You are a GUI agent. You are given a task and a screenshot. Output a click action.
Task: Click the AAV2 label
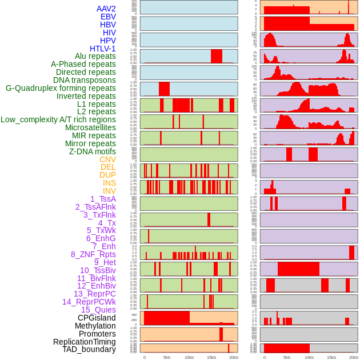pos(106,9)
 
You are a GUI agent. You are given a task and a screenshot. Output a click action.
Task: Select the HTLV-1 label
pos(102,49)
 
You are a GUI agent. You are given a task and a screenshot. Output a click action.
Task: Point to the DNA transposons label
pos(85,80)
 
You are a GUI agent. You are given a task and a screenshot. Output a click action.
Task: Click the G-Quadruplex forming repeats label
pos(61,88)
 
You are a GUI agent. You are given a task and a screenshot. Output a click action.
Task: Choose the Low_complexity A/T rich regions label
pos(58,119)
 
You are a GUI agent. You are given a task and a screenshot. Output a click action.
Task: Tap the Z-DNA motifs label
pos(93,151)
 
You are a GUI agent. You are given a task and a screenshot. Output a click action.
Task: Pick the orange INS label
pos(109,183)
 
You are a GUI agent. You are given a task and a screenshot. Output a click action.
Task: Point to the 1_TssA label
pos(103,199)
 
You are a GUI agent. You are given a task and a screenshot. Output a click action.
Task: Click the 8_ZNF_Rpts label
pos(93,254)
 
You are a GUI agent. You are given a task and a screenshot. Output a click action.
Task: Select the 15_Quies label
pos(98,310)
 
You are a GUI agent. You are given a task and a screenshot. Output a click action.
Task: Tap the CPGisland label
pos(97,318)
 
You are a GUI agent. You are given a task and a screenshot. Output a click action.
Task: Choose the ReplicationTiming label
pos(84,342)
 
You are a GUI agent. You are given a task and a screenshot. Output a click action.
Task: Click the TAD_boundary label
pos(89,349)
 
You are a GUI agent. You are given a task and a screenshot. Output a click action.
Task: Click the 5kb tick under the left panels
pos(167,357)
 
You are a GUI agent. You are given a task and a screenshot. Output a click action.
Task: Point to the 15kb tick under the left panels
pos(211,357)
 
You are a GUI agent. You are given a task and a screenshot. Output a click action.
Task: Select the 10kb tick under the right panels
pos(309,357)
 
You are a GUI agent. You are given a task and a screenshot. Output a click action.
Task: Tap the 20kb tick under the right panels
pos(354,357)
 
